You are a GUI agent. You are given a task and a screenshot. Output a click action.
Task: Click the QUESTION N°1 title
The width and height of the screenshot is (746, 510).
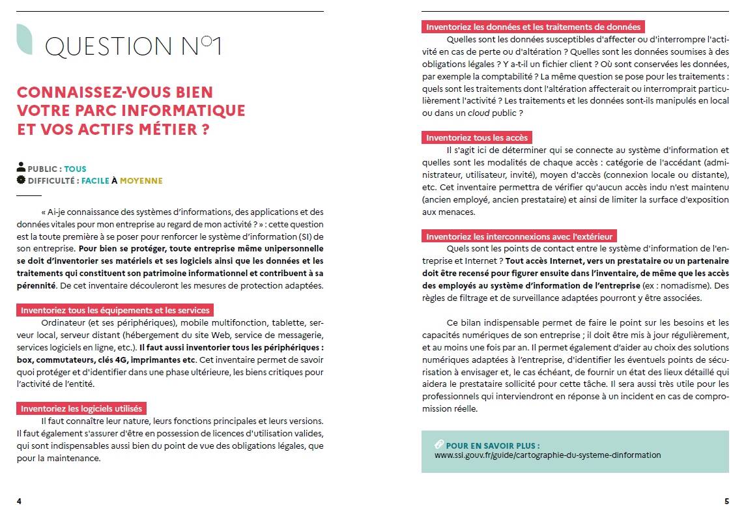[133, 46]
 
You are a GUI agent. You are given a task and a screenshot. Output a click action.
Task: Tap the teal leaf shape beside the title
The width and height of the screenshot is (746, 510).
[24, 39]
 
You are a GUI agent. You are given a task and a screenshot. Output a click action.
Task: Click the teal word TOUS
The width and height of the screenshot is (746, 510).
[75, 169]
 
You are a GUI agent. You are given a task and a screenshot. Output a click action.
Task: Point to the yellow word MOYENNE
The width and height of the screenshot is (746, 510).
[141, 181]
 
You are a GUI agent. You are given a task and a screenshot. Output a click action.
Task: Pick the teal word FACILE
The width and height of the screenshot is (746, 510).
[95, 181]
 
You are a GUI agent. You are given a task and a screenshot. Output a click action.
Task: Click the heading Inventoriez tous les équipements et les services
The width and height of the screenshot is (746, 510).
[114, 311]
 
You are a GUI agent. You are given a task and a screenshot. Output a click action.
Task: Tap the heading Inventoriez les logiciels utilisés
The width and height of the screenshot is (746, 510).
[81, 409]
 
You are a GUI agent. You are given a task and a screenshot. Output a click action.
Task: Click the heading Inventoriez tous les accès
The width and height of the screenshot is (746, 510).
[477, 137]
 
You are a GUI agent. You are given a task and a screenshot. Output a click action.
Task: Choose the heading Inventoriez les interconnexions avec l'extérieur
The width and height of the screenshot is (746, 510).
[520, 236]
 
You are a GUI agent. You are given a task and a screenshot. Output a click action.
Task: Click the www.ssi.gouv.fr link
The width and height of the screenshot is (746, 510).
[547, 455]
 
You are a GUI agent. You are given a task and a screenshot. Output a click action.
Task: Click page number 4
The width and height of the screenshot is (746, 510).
[19, 502]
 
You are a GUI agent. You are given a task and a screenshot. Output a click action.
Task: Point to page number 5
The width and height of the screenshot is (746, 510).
[726, 502]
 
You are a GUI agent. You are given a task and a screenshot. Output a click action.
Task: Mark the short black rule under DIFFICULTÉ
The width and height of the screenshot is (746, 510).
[29, 195]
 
